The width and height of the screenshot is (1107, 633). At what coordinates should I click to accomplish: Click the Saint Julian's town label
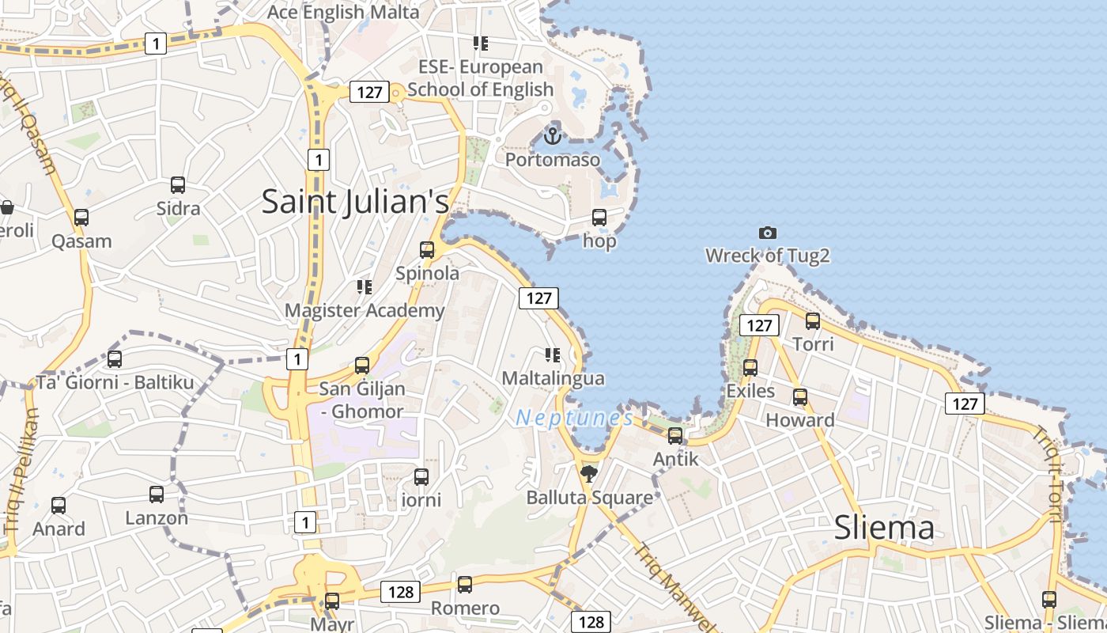click(355, 201)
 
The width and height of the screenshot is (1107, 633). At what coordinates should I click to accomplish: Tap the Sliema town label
click(884, 528)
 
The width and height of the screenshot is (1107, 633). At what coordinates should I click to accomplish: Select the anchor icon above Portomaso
click(553, 135)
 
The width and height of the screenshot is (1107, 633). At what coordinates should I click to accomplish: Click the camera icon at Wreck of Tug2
click(767, 233)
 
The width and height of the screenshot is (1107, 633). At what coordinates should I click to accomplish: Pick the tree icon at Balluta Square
click(588, 474)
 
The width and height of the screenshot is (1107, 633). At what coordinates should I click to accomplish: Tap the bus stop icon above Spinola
click(427, 250)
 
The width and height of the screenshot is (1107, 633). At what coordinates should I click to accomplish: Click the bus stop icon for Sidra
click(178, 185)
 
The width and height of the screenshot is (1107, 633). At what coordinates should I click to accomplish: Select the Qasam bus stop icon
click(81, 218)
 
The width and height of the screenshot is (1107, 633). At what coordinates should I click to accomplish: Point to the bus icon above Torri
click(813, 321)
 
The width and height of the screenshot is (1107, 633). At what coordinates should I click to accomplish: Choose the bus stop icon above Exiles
click(750, 367)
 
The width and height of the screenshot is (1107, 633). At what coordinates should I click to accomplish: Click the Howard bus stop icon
click(800, 396)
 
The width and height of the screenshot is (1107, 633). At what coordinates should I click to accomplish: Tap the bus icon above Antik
click(675, 435)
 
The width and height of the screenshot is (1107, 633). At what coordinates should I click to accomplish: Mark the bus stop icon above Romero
click(465, 585)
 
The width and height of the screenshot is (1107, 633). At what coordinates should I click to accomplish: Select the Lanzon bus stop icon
click(157, 495)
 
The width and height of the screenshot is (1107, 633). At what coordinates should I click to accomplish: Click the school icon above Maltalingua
click(553, 355)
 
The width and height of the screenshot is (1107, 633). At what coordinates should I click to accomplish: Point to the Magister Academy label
click(365, 311)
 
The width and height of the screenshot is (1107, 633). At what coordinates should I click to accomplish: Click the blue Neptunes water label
click(574, 418)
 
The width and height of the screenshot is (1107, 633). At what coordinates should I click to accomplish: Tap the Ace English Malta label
click(343, 12)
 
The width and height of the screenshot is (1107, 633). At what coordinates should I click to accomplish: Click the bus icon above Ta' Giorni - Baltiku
click(115, 359)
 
